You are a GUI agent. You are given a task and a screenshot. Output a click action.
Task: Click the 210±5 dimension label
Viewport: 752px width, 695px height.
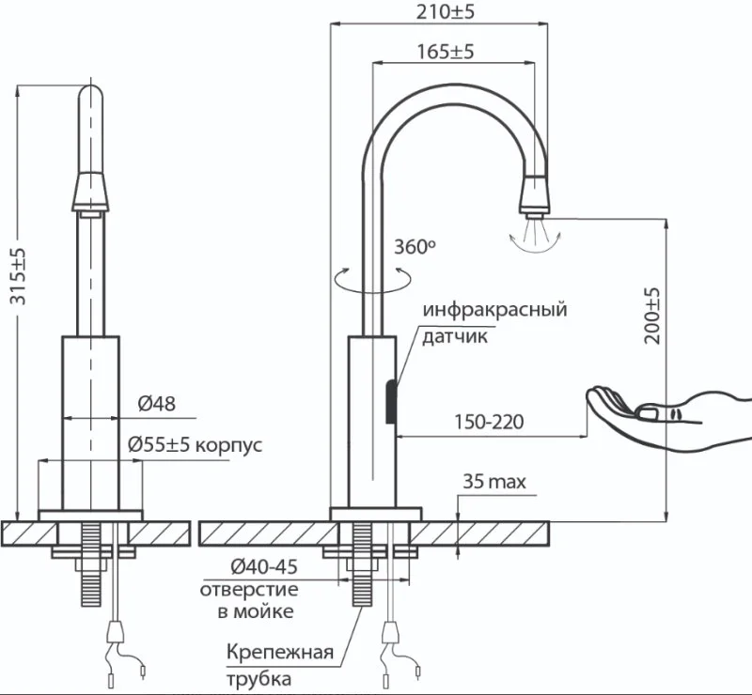click(x=445, y=11)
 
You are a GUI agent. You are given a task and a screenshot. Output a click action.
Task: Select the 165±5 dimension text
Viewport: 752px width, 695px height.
click(x=445, y=51)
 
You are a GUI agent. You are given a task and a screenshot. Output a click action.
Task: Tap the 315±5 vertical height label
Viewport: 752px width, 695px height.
click(x=19, y=276)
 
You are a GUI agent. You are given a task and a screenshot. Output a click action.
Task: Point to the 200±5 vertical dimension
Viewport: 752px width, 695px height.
click(x=651, y=316)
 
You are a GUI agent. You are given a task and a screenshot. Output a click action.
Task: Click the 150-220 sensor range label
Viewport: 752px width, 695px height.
click(x=489, y=422)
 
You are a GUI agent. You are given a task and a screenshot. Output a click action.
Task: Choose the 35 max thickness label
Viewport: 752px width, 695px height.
click(x=494, y=481)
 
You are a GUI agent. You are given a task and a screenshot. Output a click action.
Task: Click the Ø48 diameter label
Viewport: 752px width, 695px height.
click(x=156, y=404)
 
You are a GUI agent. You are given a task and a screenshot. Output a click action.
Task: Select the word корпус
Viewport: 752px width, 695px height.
click(x=229, y=445)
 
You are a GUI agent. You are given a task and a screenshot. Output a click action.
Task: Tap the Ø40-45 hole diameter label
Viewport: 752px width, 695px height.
click(x=264, y=567)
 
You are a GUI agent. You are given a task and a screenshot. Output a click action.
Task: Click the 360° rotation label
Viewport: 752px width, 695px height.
click(x=415, y=247)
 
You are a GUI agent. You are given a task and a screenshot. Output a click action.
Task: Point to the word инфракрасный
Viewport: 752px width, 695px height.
click(x=495, y=310)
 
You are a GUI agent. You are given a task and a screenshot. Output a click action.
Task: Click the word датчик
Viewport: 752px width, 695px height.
click(x=455, y=336)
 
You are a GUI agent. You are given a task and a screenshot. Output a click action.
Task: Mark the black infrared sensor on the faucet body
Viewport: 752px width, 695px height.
click(x=392, y=402)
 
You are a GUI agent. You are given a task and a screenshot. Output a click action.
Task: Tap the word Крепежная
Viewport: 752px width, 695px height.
click(x=279, y=653)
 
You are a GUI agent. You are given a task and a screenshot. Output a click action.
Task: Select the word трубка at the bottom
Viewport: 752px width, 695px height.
click(x=258, y=679)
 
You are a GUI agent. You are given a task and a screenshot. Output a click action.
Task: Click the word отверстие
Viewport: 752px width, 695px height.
click(x=249, y=590)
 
